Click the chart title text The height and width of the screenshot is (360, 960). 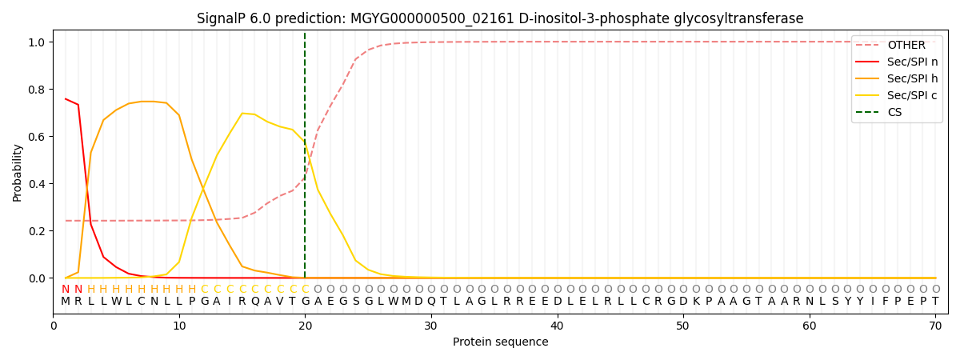pos(500,18)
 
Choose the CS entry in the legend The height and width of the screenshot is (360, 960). pos(894,112)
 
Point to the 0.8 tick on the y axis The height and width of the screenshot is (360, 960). pos(38,90)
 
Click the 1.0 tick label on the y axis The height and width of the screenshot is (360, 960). pos(38,42)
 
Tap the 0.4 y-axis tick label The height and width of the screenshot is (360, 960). pos(38,184)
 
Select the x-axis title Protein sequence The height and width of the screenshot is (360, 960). pos(500,342)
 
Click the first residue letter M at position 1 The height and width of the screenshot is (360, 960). pos(66,302)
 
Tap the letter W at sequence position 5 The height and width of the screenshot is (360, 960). pos(116,302)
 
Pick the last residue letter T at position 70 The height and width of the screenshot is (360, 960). pos(935,302)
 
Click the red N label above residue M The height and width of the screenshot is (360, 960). pos(66,290)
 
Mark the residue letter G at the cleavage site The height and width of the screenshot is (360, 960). pos(305,302)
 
